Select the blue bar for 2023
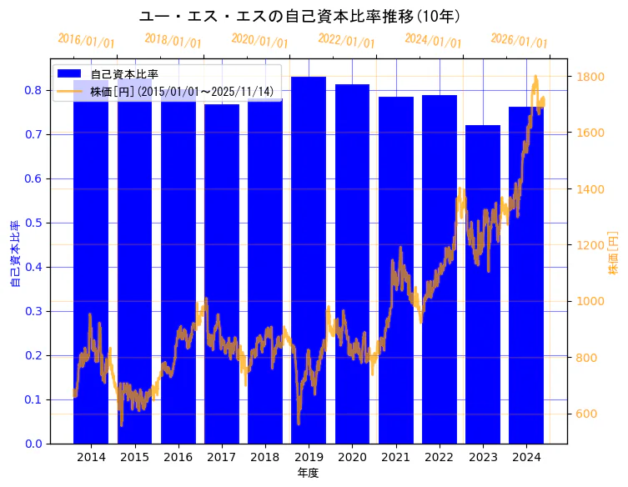click(483, 284)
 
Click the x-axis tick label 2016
click(178, 457)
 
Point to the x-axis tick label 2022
click(440, 457)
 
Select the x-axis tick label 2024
click(526, 457)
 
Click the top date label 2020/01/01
click(259, 41)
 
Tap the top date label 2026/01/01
click(519, 41)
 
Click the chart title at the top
click(299, 17)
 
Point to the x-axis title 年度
click(308, 473)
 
